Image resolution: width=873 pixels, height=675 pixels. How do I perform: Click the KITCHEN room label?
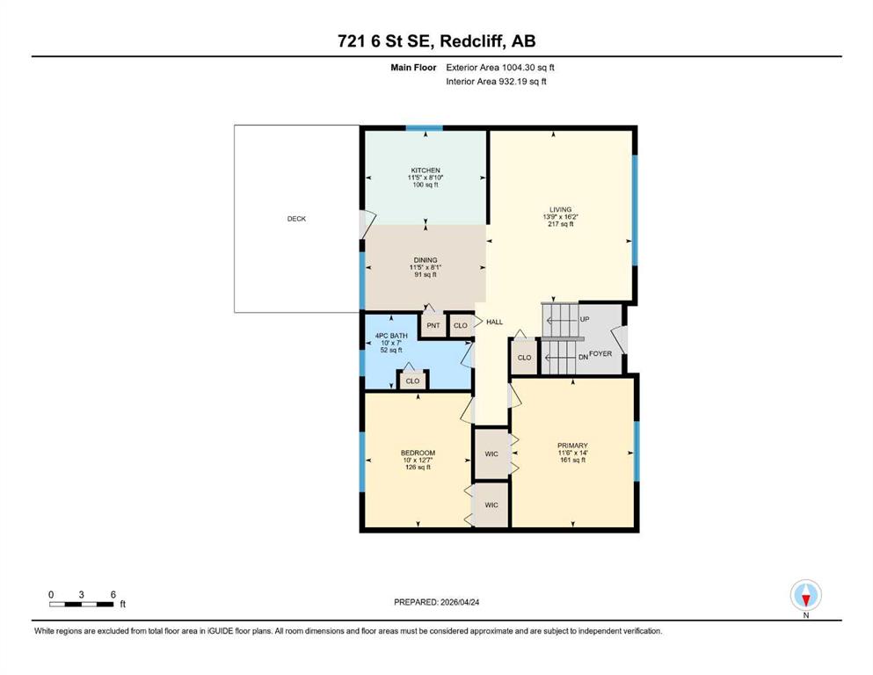coord(426,171)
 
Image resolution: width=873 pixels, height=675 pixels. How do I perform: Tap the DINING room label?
coord(426,260)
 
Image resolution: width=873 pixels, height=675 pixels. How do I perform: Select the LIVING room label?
coord(560,210)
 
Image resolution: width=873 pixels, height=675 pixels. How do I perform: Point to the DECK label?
coord(296,219)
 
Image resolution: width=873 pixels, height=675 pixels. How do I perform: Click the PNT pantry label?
coord(433,325)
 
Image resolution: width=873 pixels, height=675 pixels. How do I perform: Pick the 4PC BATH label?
coord(391,336)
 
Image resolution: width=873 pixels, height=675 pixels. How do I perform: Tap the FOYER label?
coord(600,353)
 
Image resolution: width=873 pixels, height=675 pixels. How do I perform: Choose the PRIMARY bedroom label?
coord(572,446)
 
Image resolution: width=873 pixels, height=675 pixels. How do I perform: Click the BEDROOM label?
coord(418,453)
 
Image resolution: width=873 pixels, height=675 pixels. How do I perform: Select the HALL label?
coord(494,322)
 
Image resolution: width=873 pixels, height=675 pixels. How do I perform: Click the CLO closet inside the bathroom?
coord(412,381)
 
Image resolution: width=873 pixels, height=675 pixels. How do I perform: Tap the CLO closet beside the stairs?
coord(525,357)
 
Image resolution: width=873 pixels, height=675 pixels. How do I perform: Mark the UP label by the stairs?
coord(585,319)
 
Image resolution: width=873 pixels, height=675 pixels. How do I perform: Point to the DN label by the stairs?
coord(583,357)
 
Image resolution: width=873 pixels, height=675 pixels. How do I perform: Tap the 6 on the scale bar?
coord(113,594)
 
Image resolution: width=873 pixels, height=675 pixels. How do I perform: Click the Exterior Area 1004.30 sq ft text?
coord(500,68)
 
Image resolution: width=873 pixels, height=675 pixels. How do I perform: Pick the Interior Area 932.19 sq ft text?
coord(496,81)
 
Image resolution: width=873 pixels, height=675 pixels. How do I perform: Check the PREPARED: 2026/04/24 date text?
coord(436,602)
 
